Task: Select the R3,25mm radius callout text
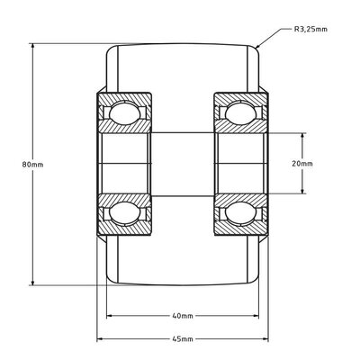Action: [310, 28]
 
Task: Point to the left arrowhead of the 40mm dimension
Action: [110, 316]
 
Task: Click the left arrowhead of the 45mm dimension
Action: [100, 338]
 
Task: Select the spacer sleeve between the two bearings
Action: [181, 164]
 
